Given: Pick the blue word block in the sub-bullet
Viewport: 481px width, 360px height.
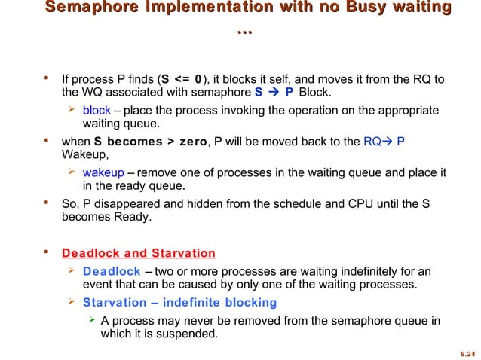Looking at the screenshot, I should pos(97,111).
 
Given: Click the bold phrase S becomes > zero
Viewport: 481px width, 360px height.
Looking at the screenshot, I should pos(150,142).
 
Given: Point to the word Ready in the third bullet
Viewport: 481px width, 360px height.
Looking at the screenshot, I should pos(130,218).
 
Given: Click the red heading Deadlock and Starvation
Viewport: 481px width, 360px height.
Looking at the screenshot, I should pos(139,253).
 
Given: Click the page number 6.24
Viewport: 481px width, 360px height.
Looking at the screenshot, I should pos(467,352).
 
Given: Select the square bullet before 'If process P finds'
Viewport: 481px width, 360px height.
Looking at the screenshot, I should pos(47,78).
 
